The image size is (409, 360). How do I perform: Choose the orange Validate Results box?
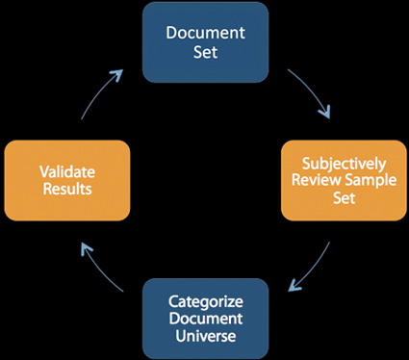point(66,180)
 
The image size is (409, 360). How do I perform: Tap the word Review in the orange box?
point(317,180)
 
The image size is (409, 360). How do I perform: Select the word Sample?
point(361,180)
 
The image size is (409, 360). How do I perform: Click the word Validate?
point(66,170)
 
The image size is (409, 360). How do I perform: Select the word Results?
point(66,189)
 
